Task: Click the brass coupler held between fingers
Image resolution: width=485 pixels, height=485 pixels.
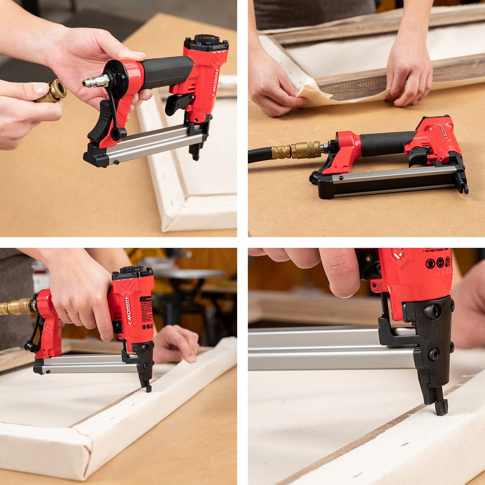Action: pos(54,92)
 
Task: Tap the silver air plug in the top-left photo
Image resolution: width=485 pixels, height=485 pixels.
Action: pos(96,81)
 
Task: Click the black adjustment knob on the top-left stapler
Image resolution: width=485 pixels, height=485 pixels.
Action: pos(206,40)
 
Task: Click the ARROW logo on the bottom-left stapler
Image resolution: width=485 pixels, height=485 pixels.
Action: pos(128,311)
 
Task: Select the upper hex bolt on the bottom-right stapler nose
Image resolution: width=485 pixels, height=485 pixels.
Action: pos(432,312)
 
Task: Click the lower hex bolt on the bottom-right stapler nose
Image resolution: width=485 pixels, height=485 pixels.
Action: pos(434,354)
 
